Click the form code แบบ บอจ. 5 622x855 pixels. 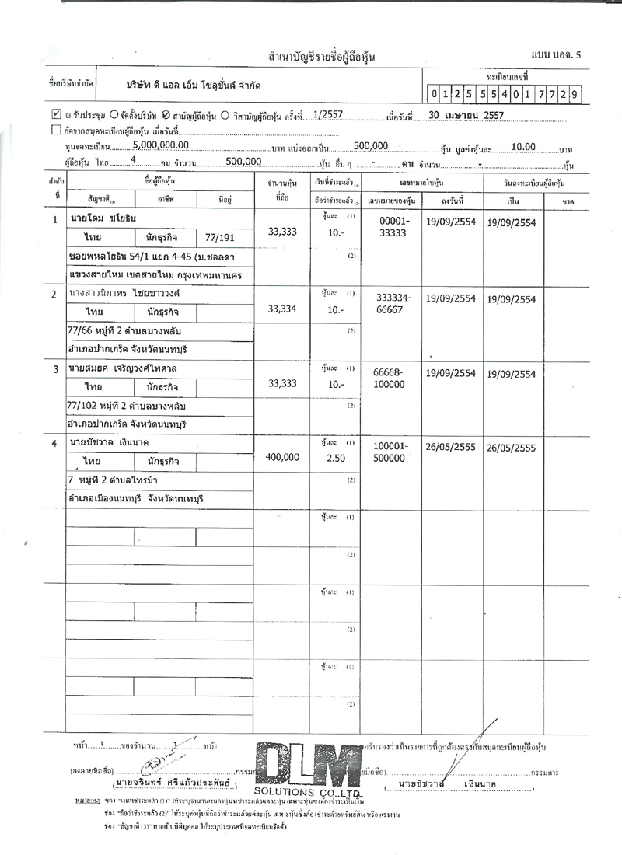point(556,54)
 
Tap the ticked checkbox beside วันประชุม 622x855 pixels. point(56,113)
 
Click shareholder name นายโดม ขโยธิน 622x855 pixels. point(103,219)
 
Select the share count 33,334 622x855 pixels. point(282,309)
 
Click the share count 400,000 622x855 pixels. point(282,457)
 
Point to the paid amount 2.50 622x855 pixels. point(335,459)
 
